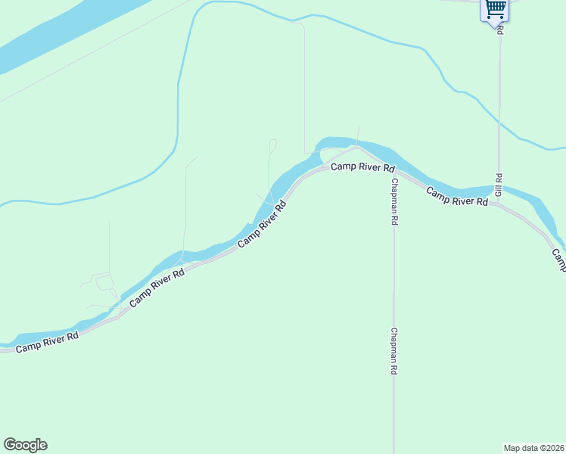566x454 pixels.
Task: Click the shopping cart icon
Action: point(495,9)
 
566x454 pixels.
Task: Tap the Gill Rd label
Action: point(499,185)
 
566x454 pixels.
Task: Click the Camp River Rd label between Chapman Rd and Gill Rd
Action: point(456,197)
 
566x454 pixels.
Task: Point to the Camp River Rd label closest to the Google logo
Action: point(47,342)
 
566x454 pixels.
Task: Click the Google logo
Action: point(25,445)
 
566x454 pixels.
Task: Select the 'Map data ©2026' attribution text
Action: point(534,447)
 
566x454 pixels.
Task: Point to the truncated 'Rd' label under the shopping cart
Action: point(500,27)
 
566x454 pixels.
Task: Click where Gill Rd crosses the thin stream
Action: point(499,121)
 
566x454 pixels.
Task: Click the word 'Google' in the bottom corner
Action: point(25,445)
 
